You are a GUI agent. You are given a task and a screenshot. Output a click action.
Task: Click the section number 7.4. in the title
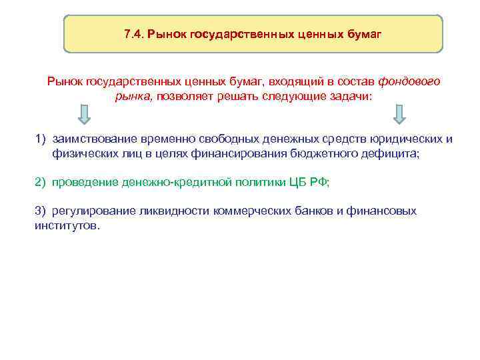point(134,33)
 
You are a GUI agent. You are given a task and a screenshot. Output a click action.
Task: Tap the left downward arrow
point(84,114)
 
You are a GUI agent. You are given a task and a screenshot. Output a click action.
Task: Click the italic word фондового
point(409,81)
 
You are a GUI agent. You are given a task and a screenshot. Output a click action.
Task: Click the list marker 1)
point(41,139)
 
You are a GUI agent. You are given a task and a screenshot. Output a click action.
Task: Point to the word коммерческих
point(253,211)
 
